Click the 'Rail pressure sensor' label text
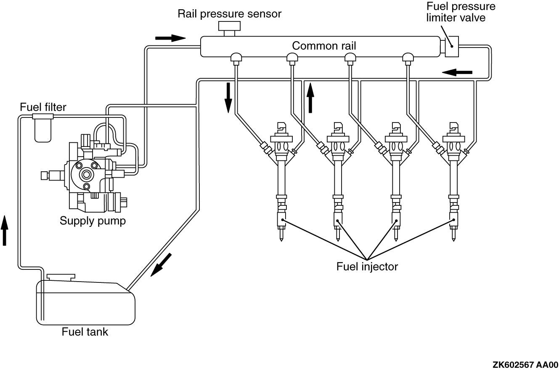tap(229, 13)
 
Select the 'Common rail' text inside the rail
tap(324, 45)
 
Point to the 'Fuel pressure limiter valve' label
tap(461, 12)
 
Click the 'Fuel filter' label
tap(43, 107)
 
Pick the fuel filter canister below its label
tap(42, 128)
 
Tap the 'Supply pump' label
tap(93, 221)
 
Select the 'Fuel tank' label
tap(85, 332)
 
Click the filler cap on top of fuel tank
tap(61, 277)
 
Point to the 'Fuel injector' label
tap(367, 266)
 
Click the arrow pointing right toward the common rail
tap(170, 38)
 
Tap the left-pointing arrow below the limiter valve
tap(457, 72)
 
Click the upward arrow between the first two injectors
tap(310, 98)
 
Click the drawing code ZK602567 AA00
tap(525, 365)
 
